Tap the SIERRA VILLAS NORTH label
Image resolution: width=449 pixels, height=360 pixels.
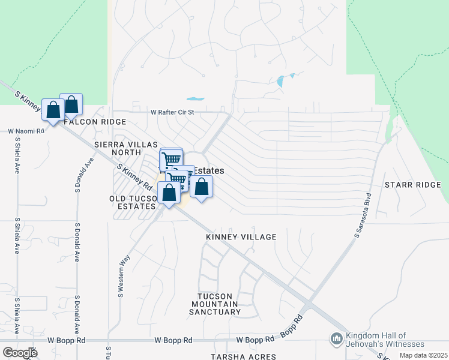pos(125,149)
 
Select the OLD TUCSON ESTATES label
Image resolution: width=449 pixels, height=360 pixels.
pos(133,202)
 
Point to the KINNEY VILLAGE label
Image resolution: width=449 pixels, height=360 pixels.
pos(241,237)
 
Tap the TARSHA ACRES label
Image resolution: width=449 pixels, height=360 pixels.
pos(243,356)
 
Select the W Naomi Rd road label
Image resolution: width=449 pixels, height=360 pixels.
pos(26,131)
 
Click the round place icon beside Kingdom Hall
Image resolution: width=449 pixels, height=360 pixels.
pos(336,340)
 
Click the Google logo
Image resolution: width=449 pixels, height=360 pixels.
pos(19,352)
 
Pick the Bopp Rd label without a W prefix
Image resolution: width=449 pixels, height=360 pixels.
pos(291,326)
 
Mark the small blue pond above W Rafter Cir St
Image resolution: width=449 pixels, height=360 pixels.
pos(195,98)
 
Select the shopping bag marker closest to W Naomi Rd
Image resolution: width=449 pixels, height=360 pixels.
pos(53,111)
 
